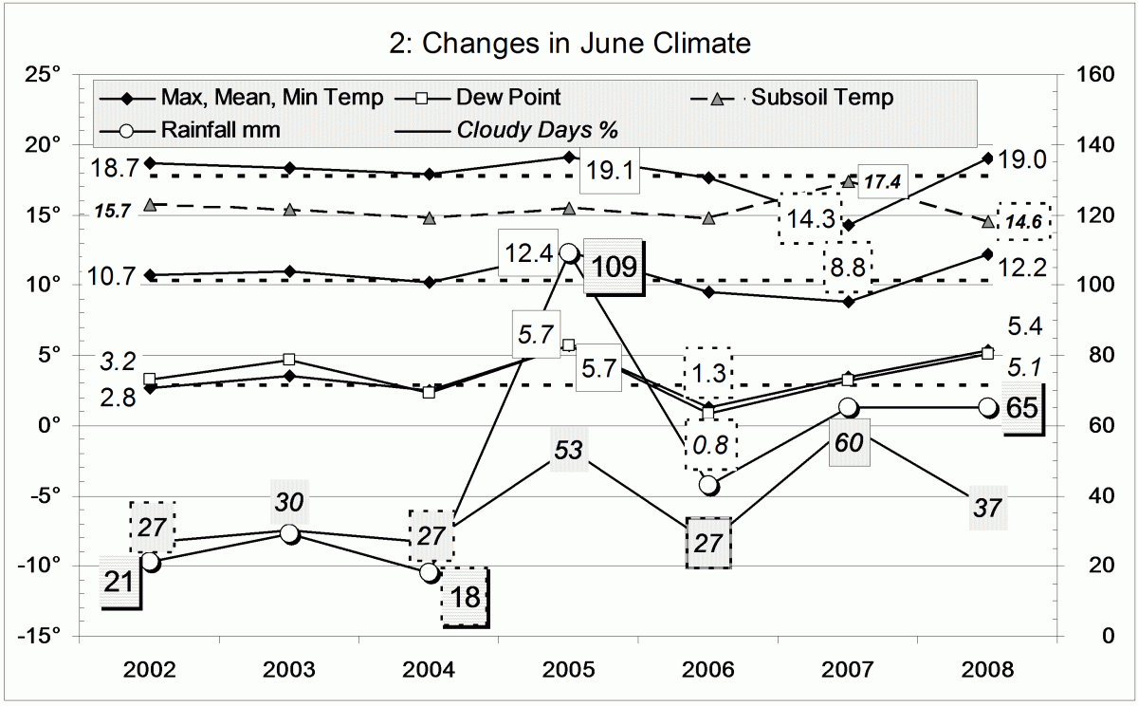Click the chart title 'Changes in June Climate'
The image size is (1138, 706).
(569, 44)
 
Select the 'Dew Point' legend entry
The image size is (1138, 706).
(507, 97)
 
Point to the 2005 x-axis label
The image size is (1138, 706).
(569, 669)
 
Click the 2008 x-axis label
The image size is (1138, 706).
(987, 669)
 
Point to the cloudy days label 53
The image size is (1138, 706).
(568, 450)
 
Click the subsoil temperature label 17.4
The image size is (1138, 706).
(882, 181)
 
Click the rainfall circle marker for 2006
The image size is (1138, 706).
(708, 485)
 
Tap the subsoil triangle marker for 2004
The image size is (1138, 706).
(429, 218)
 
